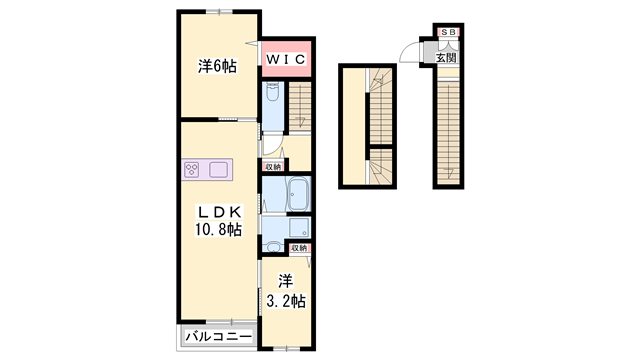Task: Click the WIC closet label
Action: [285, 58]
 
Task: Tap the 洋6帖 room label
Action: [217, 67]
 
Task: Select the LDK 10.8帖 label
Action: [218, 221]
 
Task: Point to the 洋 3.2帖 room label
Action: [285, 290]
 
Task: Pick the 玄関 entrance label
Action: [446, 58]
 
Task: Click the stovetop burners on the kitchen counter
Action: [193, 169]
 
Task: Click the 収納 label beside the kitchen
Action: [273, 166]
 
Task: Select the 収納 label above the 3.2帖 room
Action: [299, 247]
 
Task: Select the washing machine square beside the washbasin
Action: [297, 227]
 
